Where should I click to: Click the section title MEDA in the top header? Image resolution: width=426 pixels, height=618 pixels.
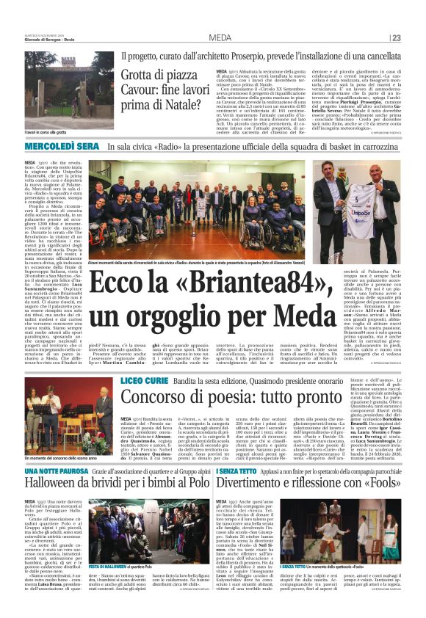pos(219,38)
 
